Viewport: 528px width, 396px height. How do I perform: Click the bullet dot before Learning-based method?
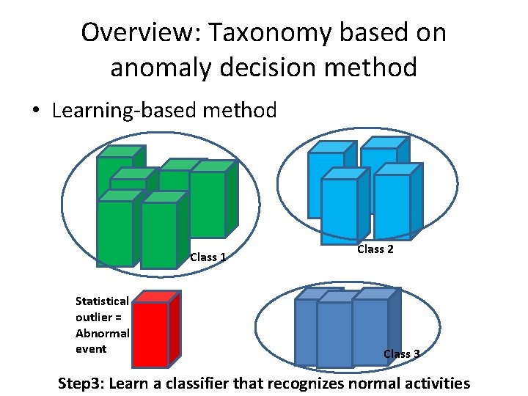coord(36,111)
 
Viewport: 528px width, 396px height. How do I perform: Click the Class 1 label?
coord(208,257)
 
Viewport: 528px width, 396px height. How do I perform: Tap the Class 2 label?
coord(375,249)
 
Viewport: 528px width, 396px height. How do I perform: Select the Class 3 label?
coord(402,353)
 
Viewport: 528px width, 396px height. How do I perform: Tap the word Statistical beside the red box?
coord(102,301)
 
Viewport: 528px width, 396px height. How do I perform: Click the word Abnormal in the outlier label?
coord(102,333)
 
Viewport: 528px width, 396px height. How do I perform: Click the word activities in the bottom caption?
coord(433,383)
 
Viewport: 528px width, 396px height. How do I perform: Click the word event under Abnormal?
coord(91,349)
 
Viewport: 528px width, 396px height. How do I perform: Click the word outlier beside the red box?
coord(93,317)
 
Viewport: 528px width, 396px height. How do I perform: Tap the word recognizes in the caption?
coord(301,383)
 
